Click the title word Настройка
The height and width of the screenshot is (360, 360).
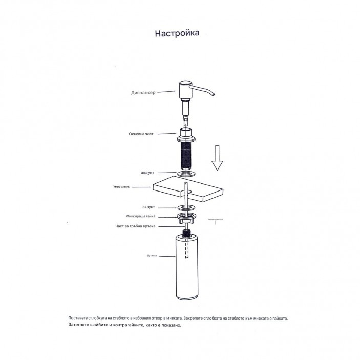(177, 34)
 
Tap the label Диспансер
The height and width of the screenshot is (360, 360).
(142, 93)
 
